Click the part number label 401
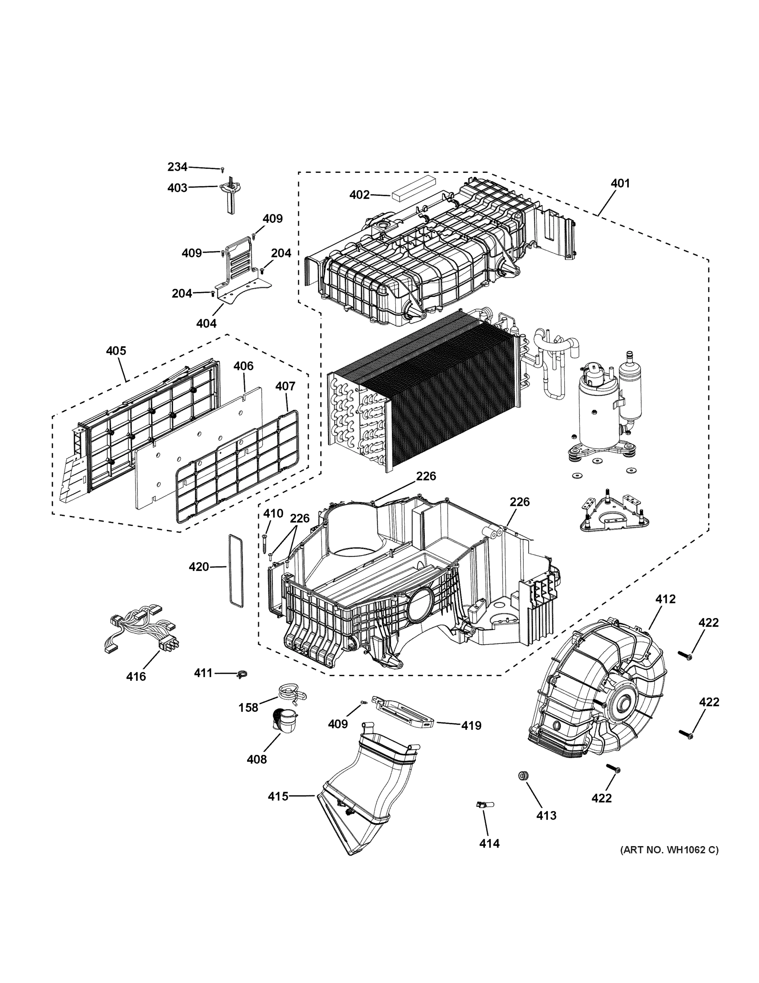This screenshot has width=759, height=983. [620, 183]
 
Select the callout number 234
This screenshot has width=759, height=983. [177, 167]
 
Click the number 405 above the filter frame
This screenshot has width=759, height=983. [116, 351]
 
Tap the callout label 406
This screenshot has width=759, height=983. [243, 366]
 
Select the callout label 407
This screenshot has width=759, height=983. [285, 386]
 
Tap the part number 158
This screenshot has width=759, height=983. [248, 707]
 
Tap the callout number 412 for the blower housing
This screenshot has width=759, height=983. [665, 599]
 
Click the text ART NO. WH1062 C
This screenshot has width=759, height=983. [669, 850]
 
